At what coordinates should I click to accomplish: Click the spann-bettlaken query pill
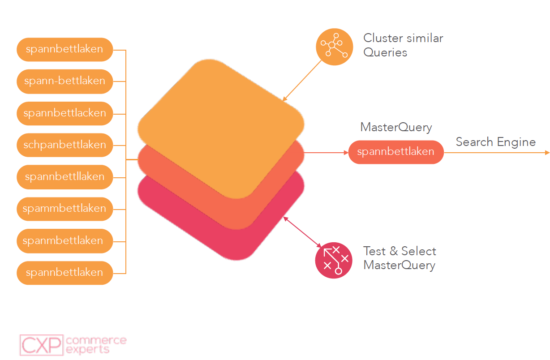click(64, 81)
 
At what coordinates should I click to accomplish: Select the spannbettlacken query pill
click(64, 113)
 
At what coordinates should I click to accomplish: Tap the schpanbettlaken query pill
click(64, 145)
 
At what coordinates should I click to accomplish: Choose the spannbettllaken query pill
click(64, 176)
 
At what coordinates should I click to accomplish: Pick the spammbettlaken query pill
click(64, 209)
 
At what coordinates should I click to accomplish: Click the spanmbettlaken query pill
click(64, 240)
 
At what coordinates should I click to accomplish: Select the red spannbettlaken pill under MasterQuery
click(395, 152)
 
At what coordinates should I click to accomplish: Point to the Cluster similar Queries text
click(403, 45)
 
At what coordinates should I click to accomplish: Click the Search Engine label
click(495, 142)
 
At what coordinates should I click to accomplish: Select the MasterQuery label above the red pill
click(396, 127)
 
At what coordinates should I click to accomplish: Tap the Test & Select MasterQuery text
click(399, 258)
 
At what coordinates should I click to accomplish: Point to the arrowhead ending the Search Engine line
click(547, 153)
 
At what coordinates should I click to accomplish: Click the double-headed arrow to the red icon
click(303, 232)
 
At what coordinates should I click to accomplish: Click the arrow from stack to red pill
click(326, 153)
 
